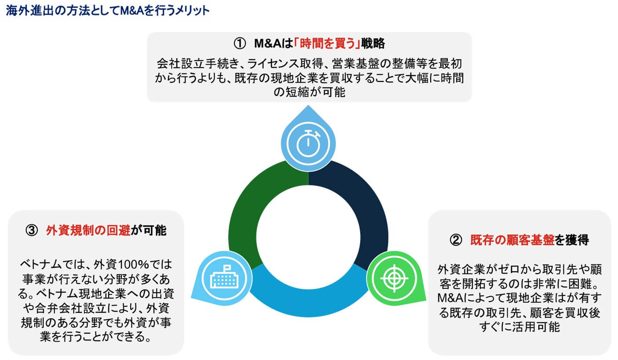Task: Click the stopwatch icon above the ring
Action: [x=308, y=143]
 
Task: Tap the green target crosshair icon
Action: [x=395, y=278]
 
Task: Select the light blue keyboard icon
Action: [x=224, y=278]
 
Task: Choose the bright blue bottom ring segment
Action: [x=308, y=303]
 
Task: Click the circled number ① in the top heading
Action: [x=239, y=44]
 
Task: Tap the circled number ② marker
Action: [x=456, y=240]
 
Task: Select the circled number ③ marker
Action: [x=32, y=230]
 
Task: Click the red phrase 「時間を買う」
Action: [x=327, y=44]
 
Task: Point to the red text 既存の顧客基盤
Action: [x=512, y=240]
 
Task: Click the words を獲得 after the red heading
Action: [x=572, y=240]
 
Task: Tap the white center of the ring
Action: [x=308, y=237]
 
